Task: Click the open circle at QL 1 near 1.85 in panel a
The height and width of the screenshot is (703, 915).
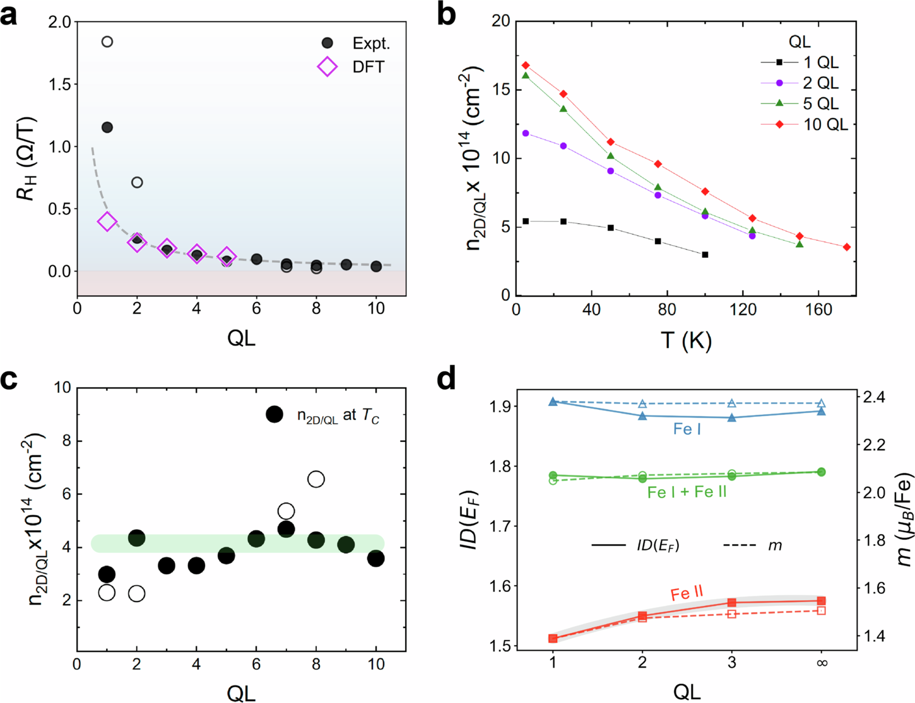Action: [x=107, y=42]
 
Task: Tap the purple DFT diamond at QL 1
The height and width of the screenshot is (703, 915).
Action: [x=107, y=221]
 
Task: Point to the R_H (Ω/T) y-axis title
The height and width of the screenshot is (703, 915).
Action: [x=27, y=158]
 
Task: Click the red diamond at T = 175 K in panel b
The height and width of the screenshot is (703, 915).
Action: [x=847, y=247]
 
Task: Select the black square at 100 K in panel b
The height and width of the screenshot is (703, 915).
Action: [x=705, y=255]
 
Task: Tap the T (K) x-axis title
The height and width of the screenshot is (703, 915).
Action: [x=686, y=340]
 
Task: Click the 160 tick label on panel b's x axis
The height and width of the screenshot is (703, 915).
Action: [x=818, y=310]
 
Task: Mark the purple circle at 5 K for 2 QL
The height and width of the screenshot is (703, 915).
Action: [x=526, y=134]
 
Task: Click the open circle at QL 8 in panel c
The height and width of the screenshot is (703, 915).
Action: [x=316, y=479]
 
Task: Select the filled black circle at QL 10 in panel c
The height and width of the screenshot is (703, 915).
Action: [x=376, y=558]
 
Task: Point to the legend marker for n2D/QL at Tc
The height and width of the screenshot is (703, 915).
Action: [x=274, y=414]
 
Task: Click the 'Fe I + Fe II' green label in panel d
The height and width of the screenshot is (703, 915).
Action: [x=687, y=492]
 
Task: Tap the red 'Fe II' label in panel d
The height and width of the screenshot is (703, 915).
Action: [x=687, y=593]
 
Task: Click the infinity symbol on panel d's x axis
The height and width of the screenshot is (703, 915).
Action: [x=822, y=663]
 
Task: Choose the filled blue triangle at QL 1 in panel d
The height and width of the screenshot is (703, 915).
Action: [x=553, y=402]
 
